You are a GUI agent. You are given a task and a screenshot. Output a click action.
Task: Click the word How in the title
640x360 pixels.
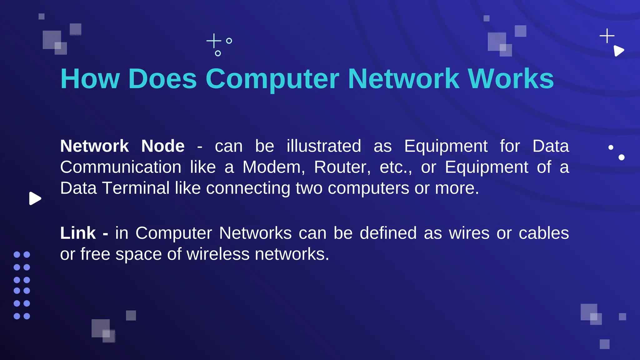90,79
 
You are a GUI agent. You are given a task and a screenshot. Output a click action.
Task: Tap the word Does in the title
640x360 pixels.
162,79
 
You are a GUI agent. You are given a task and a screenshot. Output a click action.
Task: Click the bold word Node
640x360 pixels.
163,146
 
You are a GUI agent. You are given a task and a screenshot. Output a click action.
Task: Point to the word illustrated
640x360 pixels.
324,146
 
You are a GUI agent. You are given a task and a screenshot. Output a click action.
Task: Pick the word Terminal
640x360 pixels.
136,188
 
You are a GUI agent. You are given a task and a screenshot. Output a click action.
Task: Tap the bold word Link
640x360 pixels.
78,233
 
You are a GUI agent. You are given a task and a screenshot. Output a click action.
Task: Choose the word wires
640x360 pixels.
469,233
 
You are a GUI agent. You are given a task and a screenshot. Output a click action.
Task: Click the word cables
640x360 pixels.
544,233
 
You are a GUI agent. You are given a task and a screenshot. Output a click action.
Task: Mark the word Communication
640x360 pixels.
121,167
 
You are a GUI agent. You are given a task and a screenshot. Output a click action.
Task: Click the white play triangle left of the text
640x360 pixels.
35,198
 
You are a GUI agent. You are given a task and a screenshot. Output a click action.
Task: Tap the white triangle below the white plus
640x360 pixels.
618,51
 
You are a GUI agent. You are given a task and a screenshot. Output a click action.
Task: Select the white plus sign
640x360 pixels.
607,36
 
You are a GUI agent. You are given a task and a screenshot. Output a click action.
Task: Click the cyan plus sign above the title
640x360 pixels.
214,41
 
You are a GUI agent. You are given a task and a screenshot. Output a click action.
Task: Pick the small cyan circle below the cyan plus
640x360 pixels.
218,53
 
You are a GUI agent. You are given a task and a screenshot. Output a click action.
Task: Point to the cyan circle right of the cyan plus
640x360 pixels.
229,41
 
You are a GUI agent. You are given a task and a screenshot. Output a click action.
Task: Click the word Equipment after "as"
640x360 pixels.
446,146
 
